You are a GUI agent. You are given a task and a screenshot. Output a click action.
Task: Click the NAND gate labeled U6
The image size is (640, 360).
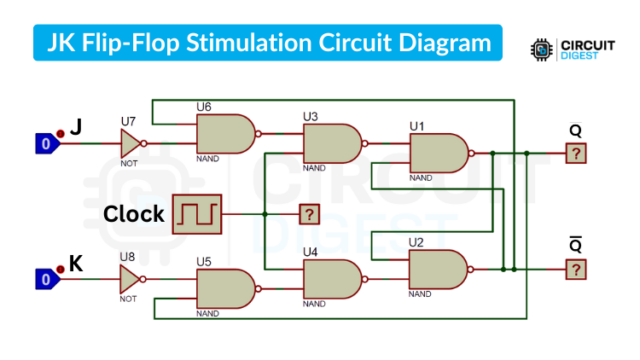[x=224, y=134]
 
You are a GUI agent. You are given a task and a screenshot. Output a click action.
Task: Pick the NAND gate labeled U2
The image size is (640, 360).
[x=437, y=270]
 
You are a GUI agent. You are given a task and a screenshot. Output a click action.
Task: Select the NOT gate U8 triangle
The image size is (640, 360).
[x=130, y=279]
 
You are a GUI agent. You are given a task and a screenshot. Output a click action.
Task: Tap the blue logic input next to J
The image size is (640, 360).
[x=46, y=144]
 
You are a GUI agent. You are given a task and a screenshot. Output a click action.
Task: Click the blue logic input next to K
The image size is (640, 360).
[x=46, y=279]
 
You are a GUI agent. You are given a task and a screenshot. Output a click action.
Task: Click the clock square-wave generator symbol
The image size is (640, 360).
[x=196, y=213]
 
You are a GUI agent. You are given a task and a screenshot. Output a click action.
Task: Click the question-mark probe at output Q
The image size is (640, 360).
[x=576, y=154]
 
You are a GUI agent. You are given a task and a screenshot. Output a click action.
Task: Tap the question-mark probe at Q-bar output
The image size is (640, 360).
[x=576, y=270]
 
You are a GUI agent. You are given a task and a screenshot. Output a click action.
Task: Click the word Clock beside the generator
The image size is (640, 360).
[x=134, y=214]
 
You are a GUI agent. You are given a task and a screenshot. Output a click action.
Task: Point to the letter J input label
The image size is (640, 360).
[x=76, y=127]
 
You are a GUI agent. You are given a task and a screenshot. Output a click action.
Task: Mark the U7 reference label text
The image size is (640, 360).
[x=128, y=121]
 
